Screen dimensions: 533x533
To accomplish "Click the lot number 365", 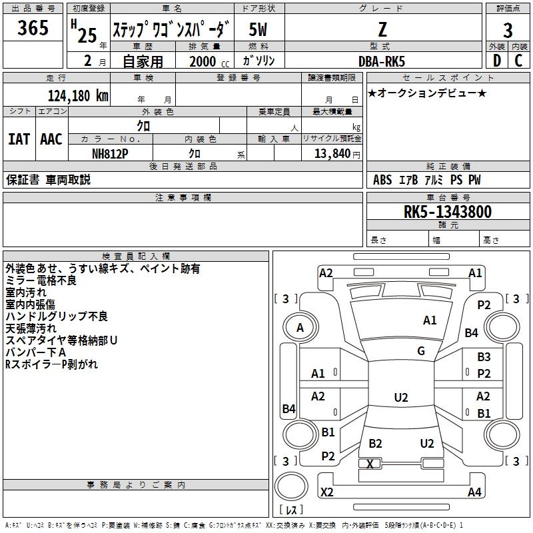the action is pyautogui.click(x=33, y=28).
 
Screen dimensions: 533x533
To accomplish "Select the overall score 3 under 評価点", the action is pyautogui.click(x=508, y=31).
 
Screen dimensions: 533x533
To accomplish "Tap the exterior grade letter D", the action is pyautogui.click(x=497, y=61).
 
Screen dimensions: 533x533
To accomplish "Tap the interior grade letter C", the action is pyautogui.click(x=518, y=61).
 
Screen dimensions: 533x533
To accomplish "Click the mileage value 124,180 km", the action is pyautogui.click(x=78, y=96).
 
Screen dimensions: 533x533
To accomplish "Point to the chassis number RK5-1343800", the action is pyautogui.click(x=448, y=212).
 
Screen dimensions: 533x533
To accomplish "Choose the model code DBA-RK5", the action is pyautogui.click(x=382, y=61).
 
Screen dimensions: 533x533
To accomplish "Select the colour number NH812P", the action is pyautogui.click(x=110, y=154).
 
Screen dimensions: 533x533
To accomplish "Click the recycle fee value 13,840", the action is pyautogui.click(x=332, y=154).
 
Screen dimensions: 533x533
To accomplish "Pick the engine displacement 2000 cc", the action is pyautogui.click(x=209, y=61).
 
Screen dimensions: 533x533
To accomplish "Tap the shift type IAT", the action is pyautogui.click(x=19, y=139).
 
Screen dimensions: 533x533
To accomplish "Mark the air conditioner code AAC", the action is pyautogui.click(x=51, y=139).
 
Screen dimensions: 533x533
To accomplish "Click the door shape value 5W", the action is pyautogui.click(x=258, y=29).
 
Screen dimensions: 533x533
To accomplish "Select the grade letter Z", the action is pyautogui.click(x=382, y=29).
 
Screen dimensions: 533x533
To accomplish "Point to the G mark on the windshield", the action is pyautogui.click(x=421, y=351).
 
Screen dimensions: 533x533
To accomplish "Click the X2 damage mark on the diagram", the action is pyautogui.click(x=327, y=492).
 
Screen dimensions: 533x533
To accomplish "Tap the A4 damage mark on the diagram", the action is pyautogui.click(x=474, y=492).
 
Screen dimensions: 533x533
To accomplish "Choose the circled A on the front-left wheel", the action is pyautogui.click(x=300, y=328).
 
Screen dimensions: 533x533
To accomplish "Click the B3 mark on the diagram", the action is pyautogui.click(x=484, y=357).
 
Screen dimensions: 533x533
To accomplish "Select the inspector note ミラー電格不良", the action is pyautogui.click(x=41, y=280).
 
